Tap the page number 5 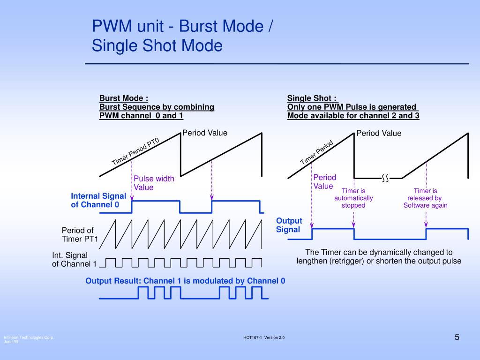(x=457, y=337)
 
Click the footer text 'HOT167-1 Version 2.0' (x=264, y=337)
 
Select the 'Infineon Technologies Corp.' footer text (x=29, y=337)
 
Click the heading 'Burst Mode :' (x=124, y=98)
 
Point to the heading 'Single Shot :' (x=312, y=98)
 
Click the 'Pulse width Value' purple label (x=154, y=183)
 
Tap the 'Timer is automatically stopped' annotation (x=353, y=198)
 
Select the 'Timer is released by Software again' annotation (x=426, y=198)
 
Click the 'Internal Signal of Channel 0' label (x=98, y=200)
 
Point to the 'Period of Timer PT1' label (x=80, y=234)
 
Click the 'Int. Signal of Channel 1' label (x=74, y=260)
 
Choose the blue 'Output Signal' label (x=289, y=225)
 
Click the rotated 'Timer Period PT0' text (x=135, y=151)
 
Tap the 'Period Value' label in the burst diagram (x=205, y=133)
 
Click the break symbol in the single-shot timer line (x=385, y=178)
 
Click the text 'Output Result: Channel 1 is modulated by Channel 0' (x=185, y=281)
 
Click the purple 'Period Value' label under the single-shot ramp (x=325, y=182)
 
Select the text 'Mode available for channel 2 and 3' (x=353, y=115)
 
